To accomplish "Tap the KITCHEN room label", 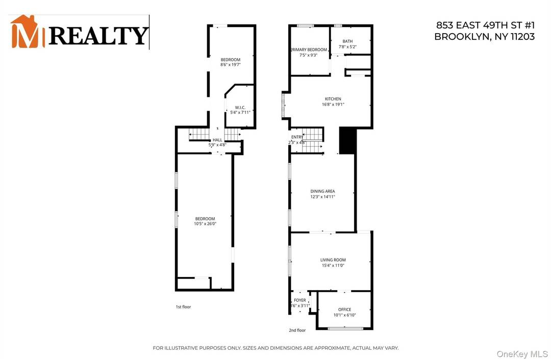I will [333, 99].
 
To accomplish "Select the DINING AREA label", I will [322, 192].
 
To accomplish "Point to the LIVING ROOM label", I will [333, 260].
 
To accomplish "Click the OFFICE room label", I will [344, 310].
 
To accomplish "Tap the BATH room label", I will [347, 41].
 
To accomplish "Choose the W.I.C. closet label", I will [240, 107].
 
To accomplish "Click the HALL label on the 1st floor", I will [217, 140].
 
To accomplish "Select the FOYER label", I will [299, 300].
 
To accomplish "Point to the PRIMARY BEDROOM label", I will [309, 50].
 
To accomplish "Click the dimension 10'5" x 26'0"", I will [205, 224].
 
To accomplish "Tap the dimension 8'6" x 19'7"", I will [230, 65].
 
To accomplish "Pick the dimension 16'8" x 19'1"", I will [333, 104].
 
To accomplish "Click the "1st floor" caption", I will [183, 307].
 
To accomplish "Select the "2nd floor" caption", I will [297, 330].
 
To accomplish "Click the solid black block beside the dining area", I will [346, 140].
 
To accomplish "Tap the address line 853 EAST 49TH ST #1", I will [485, 24].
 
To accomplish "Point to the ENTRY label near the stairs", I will [297, 137].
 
